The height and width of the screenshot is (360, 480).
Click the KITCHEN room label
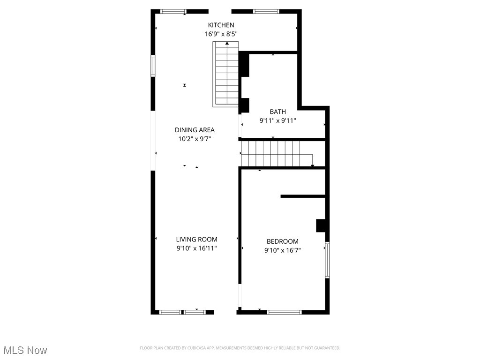[x=221, y=25]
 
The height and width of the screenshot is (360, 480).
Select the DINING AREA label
[x=195, y=130]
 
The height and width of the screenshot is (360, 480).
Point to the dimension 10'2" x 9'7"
[x=195, y=139]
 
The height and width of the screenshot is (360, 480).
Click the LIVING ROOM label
[x=197, y=240]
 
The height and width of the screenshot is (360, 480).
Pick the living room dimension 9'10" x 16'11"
[x=197, y=248]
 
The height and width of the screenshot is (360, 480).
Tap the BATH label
[x=277, y=112]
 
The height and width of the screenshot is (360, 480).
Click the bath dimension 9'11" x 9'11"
[x=277, y=120]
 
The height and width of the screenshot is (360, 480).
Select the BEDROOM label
[x=282, y=241]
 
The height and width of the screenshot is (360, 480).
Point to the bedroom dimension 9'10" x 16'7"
[x=282, y=250]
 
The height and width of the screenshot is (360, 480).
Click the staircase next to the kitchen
[x=227, y=75]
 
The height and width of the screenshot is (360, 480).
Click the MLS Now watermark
[x=25, y=350]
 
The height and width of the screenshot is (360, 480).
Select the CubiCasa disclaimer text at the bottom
[x=240, y=348]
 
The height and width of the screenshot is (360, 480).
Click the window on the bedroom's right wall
[x=327, y=260]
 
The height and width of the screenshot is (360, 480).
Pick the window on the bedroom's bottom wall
[x=284, y=312]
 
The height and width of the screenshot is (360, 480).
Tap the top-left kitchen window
[x=173, y=11]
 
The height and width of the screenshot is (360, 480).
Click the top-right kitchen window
[x=266, y=11]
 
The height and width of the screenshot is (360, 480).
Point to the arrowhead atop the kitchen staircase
[x=227, y=44]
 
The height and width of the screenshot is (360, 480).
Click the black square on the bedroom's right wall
[x=321, y=225]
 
